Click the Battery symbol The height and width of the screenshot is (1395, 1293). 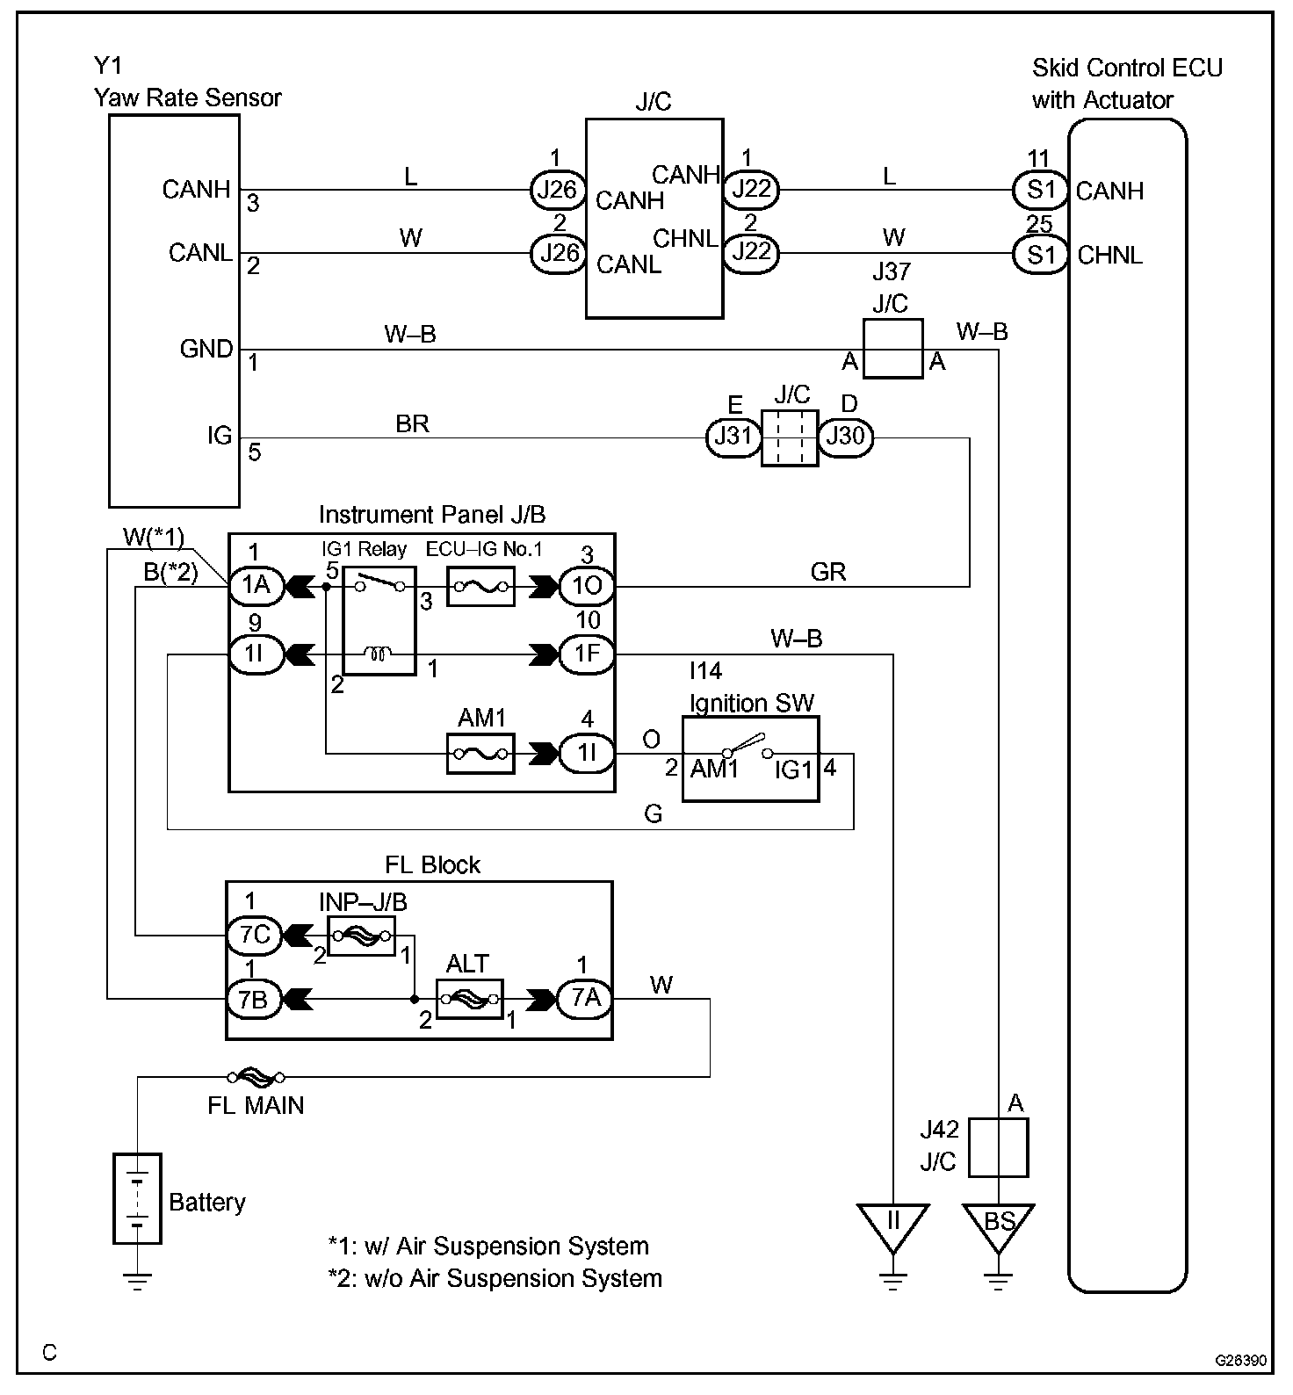(x=137, y=1198)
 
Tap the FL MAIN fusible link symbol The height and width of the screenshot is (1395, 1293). (x=256, y=1076)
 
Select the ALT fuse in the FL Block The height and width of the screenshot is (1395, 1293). (x=469, y=999)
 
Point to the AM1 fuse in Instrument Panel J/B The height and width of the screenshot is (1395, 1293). (x=480, y=754)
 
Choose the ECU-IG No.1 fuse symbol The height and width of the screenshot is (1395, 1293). (x=480, y=586)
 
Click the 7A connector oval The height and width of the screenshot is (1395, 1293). (x=585, y=999)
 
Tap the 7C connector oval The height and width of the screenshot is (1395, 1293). (x=255, y=935)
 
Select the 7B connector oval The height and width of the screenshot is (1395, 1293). (x=255, y=999)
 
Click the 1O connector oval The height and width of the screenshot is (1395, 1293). (x=587, y=586)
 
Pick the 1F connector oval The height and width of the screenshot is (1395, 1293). (x=587, y=654)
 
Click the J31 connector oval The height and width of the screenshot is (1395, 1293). (x=733, y=437)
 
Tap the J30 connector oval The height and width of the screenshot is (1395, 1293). (x=846, y=437)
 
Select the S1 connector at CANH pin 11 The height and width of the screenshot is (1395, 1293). (x=1040, y=190)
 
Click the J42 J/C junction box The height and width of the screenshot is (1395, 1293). (x=999, y=1147)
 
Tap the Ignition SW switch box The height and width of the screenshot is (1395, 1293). (x=751, y=758)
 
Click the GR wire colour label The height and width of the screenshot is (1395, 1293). (x=828, y=572)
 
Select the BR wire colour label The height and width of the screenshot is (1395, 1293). (x=412, y=423)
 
